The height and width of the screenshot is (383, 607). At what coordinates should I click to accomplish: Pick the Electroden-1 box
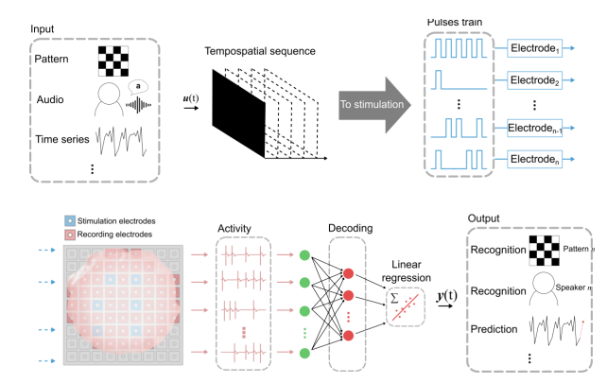[x=540, y=126]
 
